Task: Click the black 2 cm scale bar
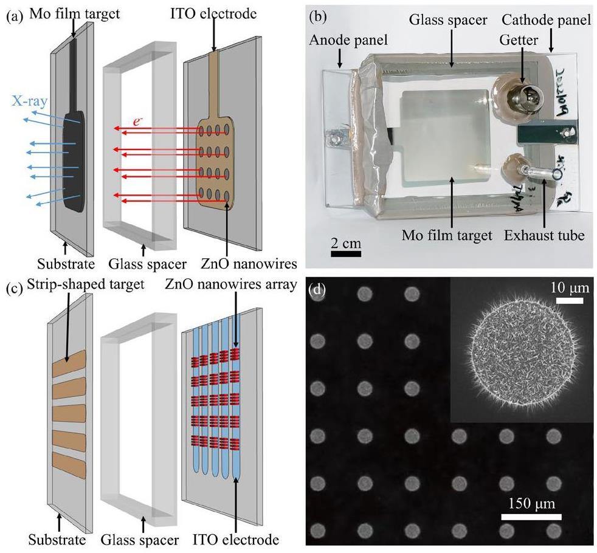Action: (x=346, y=252)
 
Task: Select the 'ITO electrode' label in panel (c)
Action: (x=240, y=539)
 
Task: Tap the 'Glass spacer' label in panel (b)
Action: (x=447, y=19)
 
